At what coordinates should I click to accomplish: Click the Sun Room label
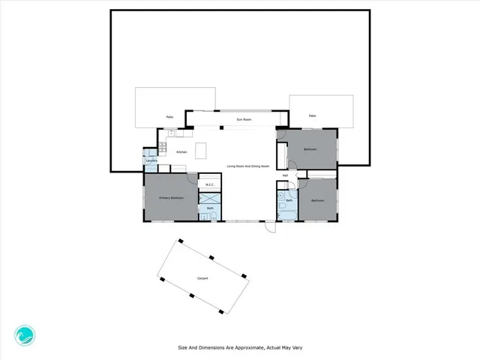pos(243,119)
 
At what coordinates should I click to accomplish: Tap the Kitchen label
pos(181,152)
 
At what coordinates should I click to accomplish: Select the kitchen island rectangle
pos(201,151)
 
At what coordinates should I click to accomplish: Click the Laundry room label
pos(151,160)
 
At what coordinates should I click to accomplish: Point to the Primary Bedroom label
pos(171,198)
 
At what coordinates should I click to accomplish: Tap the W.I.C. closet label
pos(210,184)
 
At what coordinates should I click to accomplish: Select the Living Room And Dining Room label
pos(247,166)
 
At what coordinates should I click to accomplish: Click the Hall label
pos(285,177)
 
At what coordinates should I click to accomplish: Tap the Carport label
pos(202,278)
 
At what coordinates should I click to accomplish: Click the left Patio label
pos(170,117)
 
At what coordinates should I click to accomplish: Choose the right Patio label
pos(312,115)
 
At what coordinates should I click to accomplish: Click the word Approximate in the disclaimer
pos(238,347)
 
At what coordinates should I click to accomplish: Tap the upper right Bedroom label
pos(310,149)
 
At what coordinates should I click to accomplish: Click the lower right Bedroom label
pos(318,200)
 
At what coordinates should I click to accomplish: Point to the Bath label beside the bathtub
pos(289,200)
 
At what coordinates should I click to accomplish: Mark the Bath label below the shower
pos(211,208)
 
